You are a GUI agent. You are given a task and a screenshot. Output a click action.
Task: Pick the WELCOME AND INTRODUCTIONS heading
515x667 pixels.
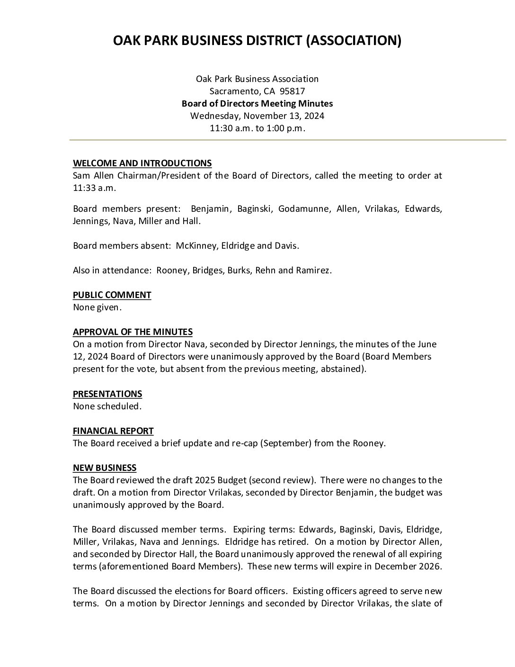[142, 163]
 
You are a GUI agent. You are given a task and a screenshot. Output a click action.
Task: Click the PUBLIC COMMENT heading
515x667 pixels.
[112, 295]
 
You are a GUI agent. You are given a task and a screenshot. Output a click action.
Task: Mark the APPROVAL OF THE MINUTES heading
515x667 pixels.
[133, 332]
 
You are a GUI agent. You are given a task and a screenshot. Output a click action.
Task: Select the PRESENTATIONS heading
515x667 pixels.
[107, 394]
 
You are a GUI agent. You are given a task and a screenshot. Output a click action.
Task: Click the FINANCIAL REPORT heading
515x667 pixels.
[113, 431]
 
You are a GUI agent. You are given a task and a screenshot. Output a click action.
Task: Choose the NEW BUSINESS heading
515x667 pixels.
[105, 468]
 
